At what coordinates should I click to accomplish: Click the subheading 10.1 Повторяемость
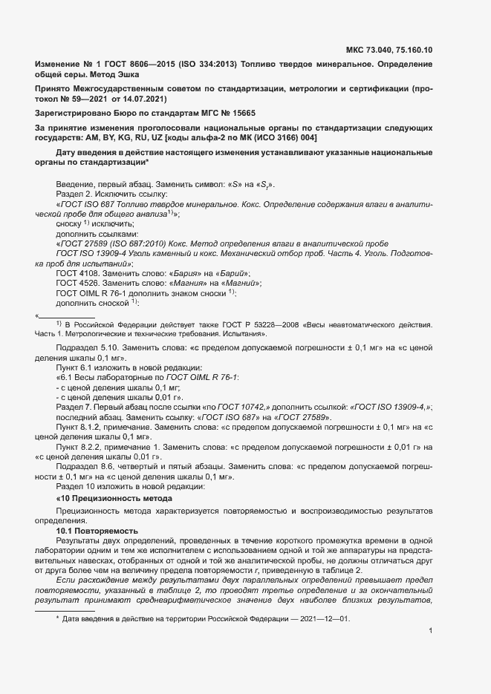(x=97, y=531)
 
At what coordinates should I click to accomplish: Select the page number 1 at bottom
(x=431, y=631)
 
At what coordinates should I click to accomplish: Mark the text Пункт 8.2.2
(x=81, y=448)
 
